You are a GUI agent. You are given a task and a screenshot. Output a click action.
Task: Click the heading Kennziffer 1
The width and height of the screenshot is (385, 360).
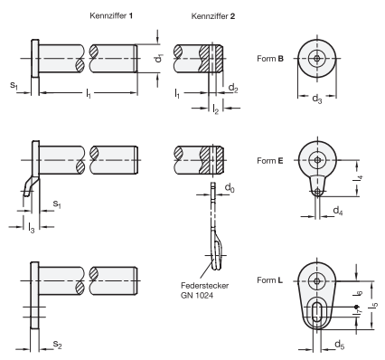coord(112,15)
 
